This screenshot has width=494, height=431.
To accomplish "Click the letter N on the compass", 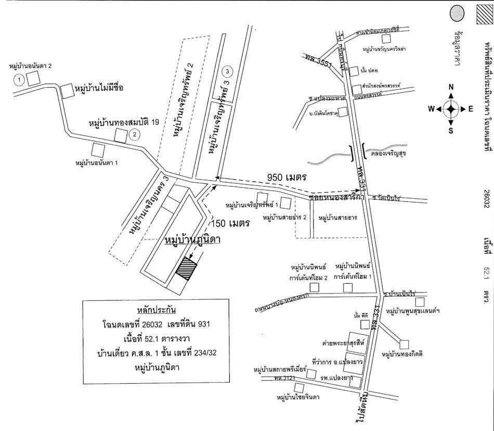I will click(451, 87).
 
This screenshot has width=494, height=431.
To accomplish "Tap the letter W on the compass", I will click(431, 109).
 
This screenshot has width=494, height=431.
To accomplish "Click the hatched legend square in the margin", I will click(484, 14).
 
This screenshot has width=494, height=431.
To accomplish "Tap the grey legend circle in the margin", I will click(457, 14).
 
